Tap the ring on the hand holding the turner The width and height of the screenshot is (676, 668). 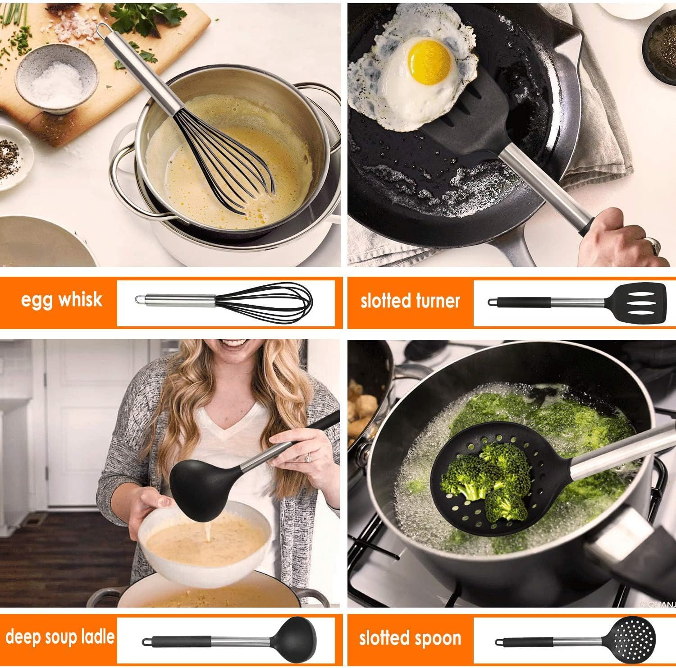[x=654, y=245]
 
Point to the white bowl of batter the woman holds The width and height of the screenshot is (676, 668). [x=205, y=544]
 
